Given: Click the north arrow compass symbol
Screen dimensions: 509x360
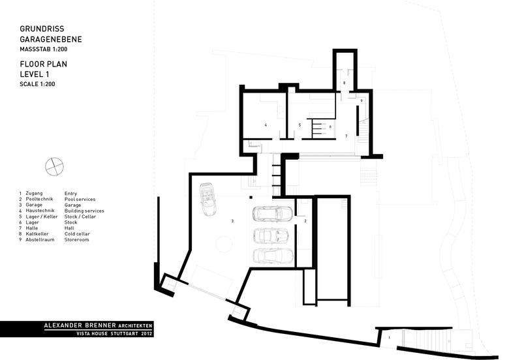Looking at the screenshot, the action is point(54,167).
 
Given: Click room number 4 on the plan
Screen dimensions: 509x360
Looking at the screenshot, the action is point(266,125).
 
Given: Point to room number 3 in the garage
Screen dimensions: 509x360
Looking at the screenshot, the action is point(232,221).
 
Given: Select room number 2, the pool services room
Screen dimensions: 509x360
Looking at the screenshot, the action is point(305,221).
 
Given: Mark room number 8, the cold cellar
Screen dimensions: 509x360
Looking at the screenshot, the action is point(345,83).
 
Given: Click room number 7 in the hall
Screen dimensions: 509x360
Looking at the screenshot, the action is point(347,136).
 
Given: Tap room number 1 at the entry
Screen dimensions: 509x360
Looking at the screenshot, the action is point(390,338).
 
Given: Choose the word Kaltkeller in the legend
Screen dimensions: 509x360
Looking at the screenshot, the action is point(37,234).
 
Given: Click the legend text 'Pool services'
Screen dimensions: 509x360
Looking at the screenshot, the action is point(80,199).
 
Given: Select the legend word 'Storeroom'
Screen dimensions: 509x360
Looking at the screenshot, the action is point(76,240).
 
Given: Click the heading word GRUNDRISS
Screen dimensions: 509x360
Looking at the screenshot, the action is point(42,29).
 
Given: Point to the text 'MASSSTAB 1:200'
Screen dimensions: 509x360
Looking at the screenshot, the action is point(44,50).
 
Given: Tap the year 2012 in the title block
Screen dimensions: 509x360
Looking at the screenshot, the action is point(146,333).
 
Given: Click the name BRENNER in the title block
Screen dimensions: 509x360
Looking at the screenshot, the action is point(100,325).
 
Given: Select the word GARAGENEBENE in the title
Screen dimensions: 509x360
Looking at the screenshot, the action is point(51,39).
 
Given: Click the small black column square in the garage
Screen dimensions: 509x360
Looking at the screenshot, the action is point(251,197).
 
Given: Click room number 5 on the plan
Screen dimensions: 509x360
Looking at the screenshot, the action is point(300,125).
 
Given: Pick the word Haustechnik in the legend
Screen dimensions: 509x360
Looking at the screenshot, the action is point(40,211).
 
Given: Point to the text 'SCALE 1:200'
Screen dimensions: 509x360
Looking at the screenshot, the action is point(37,84).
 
